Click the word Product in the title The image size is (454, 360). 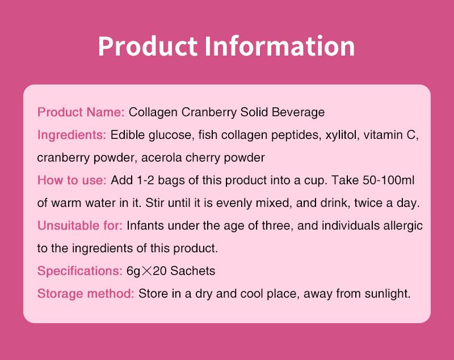[147, 46]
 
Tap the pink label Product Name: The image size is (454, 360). [81, 112]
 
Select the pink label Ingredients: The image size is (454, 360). [72, 135]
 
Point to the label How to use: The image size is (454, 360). [72, 180]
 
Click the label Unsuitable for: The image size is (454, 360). [79, 226]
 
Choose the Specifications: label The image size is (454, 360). [79, 271]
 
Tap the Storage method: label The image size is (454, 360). [86, 294]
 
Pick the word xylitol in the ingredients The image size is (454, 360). [340, 135]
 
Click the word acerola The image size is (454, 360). [161, 158]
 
